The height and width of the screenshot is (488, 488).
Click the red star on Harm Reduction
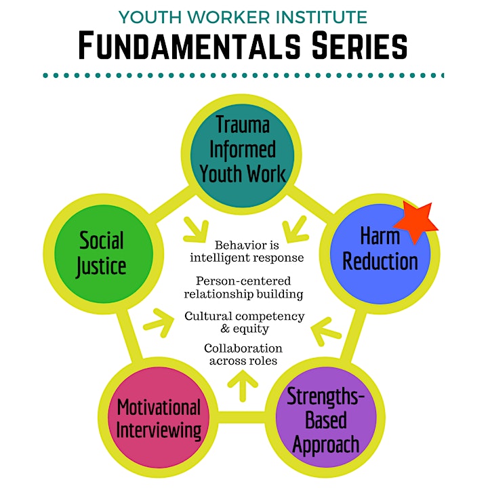415,222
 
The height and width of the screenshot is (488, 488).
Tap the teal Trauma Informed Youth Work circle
242,155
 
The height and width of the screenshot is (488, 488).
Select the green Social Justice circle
104,253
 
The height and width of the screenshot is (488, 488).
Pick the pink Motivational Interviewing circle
159,417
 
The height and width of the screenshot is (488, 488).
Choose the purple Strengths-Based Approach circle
326,417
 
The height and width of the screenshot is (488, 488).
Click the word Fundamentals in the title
190,45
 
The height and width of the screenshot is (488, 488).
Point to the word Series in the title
359,45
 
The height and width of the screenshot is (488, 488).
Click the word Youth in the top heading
150,17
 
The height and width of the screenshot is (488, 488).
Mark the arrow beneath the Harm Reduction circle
326,331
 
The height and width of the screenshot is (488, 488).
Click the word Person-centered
243,281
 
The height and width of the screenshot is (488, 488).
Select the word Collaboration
243,348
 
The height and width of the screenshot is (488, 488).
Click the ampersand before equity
225,328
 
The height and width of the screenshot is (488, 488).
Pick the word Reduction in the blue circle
380,262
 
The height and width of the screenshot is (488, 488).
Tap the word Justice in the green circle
101,267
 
